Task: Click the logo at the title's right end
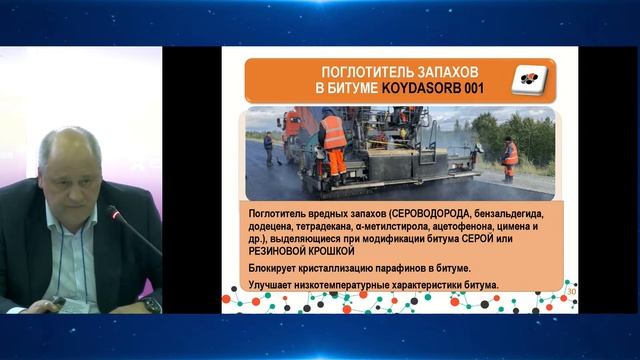pyautogui.click(x=524, y=80)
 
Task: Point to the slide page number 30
pyautogui.click(x=571, y=292)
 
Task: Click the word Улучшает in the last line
pyautogui.click(x=274, y=287)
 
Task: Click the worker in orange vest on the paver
pyautogui.click(x=333, y=135)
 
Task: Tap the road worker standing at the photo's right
pyautogui.click(x=510, y=155)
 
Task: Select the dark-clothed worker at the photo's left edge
pyautogui.click(x=267, y=148)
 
